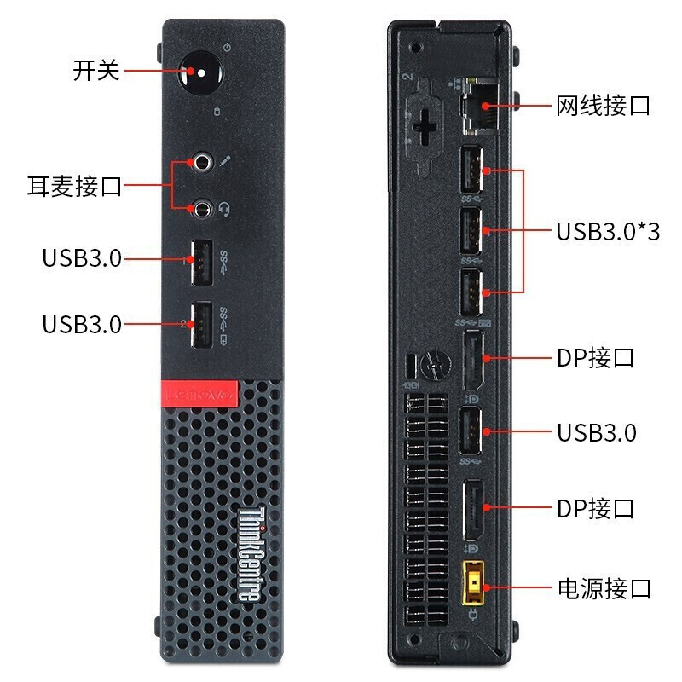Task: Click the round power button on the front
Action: point(200,72)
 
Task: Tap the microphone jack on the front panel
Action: point(202,162)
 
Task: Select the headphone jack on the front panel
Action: point(202,208)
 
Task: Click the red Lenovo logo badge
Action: point(199,394)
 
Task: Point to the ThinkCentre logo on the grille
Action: point(251,554)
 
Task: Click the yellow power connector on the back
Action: point(473,583)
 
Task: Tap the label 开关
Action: point(95,70)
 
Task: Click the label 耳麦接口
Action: point(74,187)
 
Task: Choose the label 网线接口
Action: point(604,106)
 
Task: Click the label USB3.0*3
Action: point(608,231)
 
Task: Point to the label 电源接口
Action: point(604,588)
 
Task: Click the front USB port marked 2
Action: point(202,325)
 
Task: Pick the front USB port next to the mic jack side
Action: point(202,263)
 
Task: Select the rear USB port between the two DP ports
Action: point(471,431)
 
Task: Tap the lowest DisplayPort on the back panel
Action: point(473,510)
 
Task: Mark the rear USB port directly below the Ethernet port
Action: point(471,170)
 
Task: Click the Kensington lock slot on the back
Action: point(411,367)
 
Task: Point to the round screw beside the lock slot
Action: point(435,365)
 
